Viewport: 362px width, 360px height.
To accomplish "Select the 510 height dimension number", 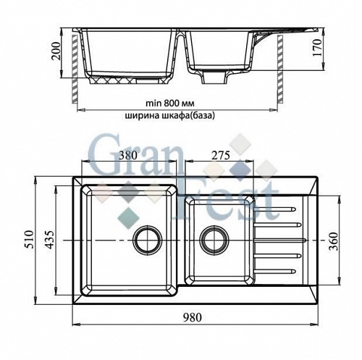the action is [x=30, y=240].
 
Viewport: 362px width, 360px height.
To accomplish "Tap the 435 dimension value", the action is [x=50, y=240].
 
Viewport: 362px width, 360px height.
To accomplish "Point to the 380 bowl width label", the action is [x=128, y=156].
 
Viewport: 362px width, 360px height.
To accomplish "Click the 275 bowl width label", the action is [x=221, y=156].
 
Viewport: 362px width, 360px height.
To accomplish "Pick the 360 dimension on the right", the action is [x=334, y=241].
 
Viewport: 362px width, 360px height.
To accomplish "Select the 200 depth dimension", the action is [x=56, y=51].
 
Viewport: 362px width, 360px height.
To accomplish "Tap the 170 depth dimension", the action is [x=317, y=48].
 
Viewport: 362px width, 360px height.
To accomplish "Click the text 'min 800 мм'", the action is [x=170, y=104].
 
